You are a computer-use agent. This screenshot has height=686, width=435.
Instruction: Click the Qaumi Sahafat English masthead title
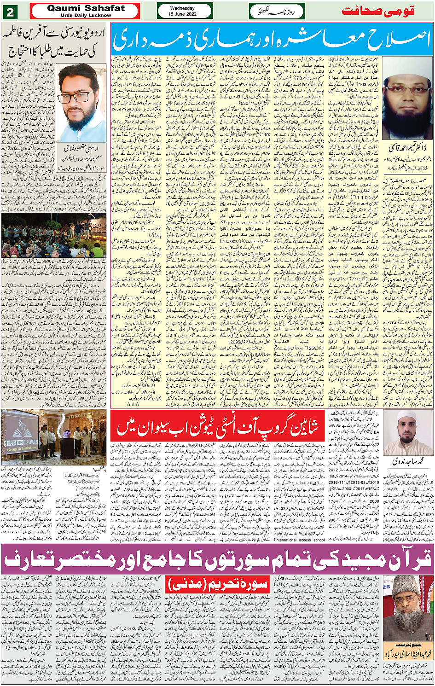[x=86, y=8]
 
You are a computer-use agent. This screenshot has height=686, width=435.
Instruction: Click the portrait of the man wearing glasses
[x=82, y=102]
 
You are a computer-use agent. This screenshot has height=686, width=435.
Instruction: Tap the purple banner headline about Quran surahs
[x=217, y=559]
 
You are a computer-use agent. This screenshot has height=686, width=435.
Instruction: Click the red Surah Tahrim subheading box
[x=218, y=584]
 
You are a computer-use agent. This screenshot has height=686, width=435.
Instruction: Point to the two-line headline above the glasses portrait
[x=54, y=42]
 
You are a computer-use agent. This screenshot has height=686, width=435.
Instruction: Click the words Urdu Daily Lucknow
[x=86, y=15]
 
